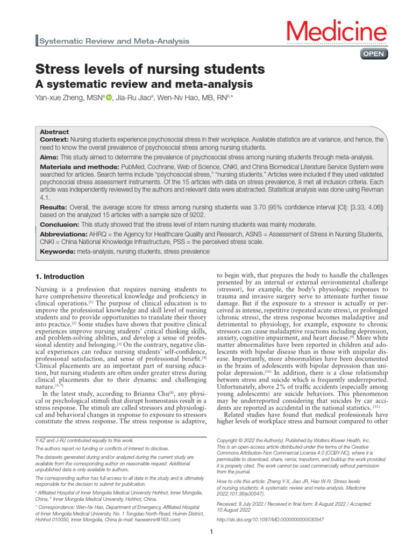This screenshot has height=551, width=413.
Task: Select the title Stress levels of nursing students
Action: [150, 69]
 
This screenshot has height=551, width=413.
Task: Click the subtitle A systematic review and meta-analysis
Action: [144, 84]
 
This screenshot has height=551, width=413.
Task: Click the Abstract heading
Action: [54, 132]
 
